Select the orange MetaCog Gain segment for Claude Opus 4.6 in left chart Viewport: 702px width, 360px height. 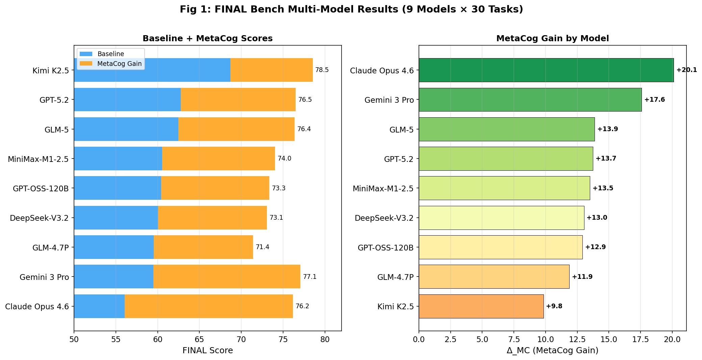tap(208, 306)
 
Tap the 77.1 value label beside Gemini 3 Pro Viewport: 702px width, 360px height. tap(309, 277)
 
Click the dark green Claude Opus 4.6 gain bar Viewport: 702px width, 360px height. tap(546, 70)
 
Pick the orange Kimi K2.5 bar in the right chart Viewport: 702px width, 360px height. tap(481, 306)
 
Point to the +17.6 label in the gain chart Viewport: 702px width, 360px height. tap(654, 100)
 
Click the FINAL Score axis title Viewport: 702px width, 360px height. tap(207, 351)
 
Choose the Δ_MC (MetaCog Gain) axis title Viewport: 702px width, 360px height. tap(552, 351)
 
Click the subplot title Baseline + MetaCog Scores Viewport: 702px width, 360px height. tap(207, 39)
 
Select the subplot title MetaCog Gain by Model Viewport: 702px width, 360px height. tap(552, 39)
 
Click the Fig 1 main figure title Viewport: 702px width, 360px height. tap(351, 9)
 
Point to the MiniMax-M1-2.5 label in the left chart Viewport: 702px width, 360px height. tap(38, 159)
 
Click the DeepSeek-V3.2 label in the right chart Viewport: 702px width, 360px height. tap(384, 218)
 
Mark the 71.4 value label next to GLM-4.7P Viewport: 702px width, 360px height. tap(262, 247)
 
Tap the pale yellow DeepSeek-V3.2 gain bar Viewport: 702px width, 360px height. tap(501, 218)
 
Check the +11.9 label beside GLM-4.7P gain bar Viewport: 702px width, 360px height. tap(582, 277)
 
